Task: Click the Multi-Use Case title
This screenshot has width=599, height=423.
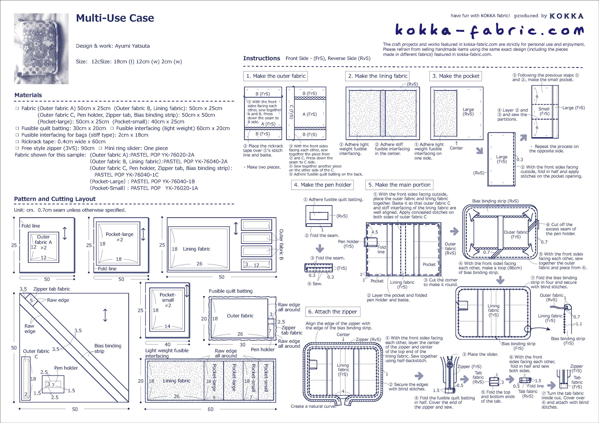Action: (115, 18)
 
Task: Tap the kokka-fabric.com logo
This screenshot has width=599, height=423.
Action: (489, 31)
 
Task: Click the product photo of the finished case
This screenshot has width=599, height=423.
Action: (41, 49)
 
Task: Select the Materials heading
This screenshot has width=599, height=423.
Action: (28, 95)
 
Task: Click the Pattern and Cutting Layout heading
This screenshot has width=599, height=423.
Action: (55, 199)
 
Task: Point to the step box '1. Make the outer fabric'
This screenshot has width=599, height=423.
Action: (276, 76)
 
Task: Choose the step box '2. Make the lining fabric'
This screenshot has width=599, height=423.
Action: (377, 76)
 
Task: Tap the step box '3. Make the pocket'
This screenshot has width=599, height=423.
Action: (456, 76)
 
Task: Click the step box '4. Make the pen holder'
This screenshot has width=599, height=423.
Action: (322, 185)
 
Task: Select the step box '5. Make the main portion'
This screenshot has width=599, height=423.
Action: (399, 185)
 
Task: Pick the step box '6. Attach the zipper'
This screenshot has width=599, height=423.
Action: (333, 312)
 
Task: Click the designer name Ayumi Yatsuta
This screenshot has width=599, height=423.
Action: (132, 46)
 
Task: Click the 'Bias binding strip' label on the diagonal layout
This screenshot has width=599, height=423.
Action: (107, 348)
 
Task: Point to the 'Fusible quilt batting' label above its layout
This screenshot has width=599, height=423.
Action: (230, 291)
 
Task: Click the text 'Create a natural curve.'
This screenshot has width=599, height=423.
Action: (313, 406)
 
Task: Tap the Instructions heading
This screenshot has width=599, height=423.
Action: (261, 58)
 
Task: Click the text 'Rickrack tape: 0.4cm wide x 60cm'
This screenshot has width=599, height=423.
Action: (63, 141)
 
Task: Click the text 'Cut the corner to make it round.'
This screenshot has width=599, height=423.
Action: (440, 282)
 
